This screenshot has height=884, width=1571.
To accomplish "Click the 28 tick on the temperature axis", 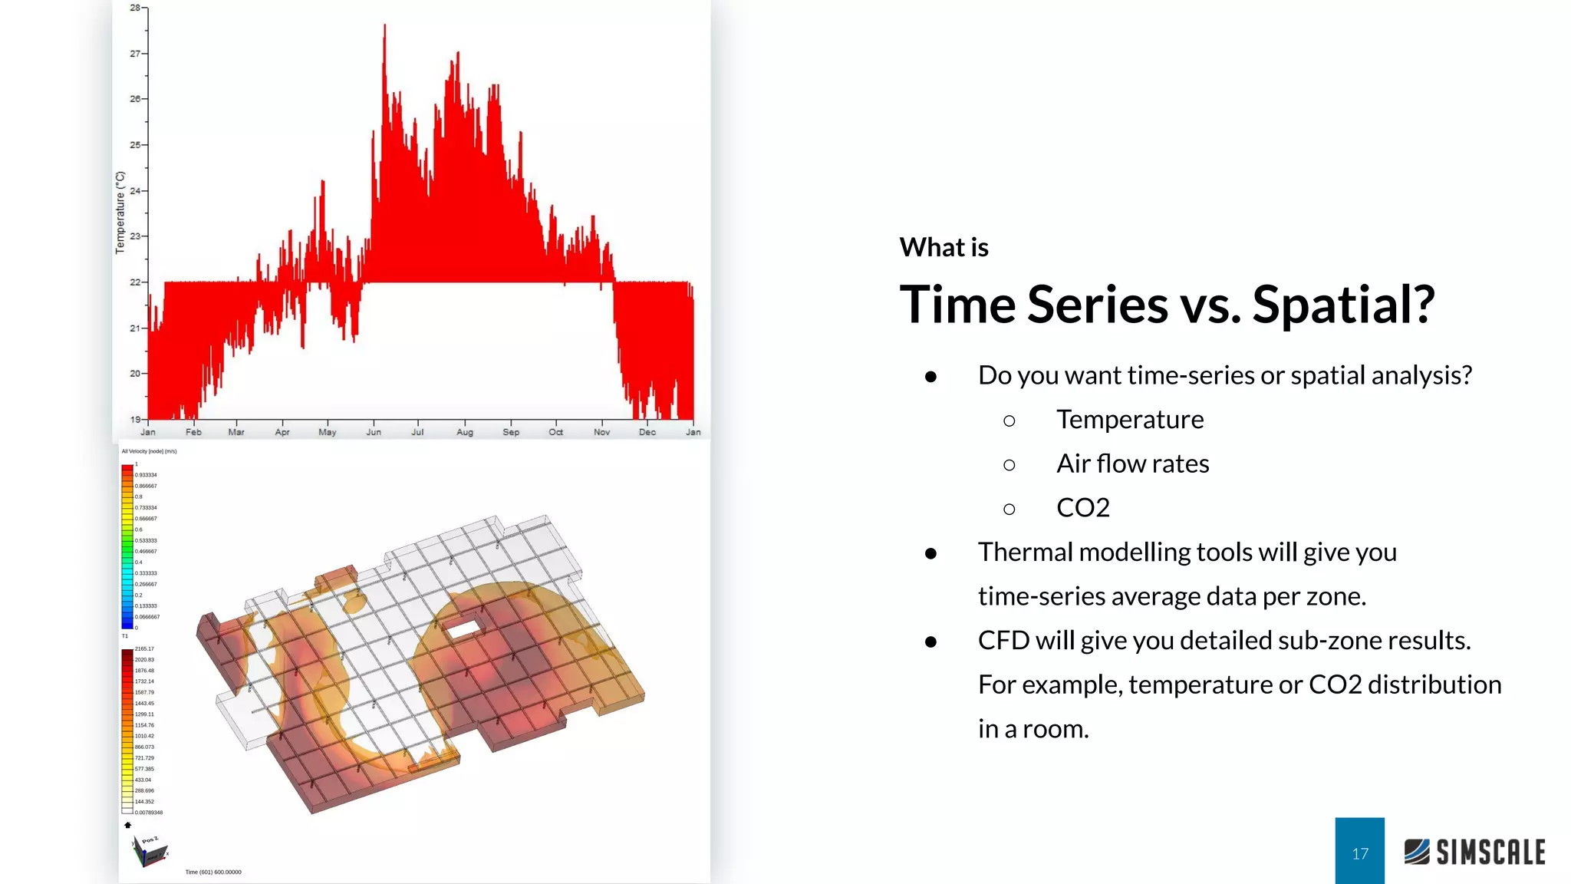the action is [x=135, y=8].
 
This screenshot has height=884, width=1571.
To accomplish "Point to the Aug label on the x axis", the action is [x=465, y=432].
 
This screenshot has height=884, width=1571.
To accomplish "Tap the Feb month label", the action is [x=193, y=432].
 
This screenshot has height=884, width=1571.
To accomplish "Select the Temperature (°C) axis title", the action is [x=120, y=213].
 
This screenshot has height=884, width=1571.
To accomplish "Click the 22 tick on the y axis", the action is [x=136, y=282].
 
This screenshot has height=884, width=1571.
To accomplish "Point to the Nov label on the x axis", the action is [x=601, y=432].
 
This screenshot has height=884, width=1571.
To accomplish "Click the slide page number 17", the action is [x=1359, y=853].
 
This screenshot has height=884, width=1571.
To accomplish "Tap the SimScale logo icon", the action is [x=1417, y=852].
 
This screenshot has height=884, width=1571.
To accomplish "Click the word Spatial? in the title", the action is [x=1343, y=305].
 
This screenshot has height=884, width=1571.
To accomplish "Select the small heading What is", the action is [x=944, y=247].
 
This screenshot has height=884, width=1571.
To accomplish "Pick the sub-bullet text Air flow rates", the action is [x=1132, y=463].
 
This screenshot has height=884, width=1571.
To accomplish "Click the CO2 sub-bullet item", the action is [x=1082, y=507].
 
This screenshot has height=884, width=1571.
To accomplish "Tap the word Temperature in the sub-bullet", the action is [x=1130, y=420].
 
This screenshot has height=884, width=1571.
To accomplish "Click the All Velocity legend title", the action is [x=149, y=451].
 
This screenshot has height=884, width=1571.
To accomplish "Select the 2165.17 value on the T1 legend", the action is [x=144, y=649].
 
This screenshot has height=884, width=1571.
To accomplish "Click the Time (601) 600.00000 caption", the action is [x=213, y=872].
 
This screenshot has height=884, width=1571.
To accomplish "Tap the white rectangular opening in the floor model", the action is [x=462, y=629].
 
